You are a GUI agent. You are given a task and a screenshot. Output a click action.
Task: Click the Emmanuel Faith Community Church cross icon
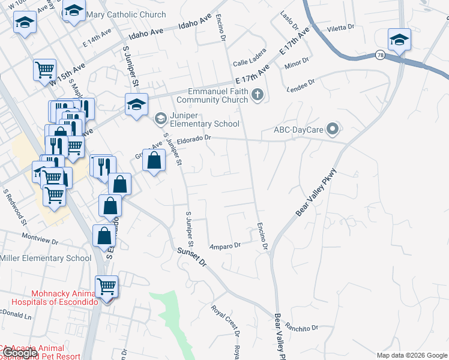coord(258,94)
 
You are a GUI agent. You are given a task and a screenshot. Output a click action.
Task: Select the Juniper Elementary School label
coord(205,119)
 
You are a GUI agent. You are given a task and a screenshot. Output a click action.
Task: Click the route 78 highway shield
coord(381,55)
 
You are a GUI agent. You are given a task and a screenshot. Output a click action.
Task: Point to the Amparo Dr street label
coord(224,245)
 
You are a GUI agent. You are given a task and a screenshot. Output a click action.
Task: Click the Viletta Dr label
coord(341,28)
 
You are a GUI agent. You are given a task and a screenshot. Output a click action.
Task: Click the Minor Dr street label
coord(297,61)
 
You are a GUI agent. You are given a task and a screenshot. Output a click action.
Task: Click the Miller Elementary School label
coord(46,259)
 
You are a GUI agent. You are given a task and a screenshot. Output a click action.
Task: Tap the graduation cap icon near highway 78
coord(399,40)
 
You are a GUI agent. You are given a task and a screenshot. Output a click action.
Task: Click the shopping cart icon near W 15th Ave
coord(44,70)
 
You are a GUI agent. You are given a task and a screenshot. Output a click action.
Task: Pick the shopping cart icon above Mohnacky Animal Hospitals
coord(107,287)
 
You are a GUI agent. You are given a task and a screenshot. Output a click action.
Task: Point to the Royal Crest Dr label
coord(225,320)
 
